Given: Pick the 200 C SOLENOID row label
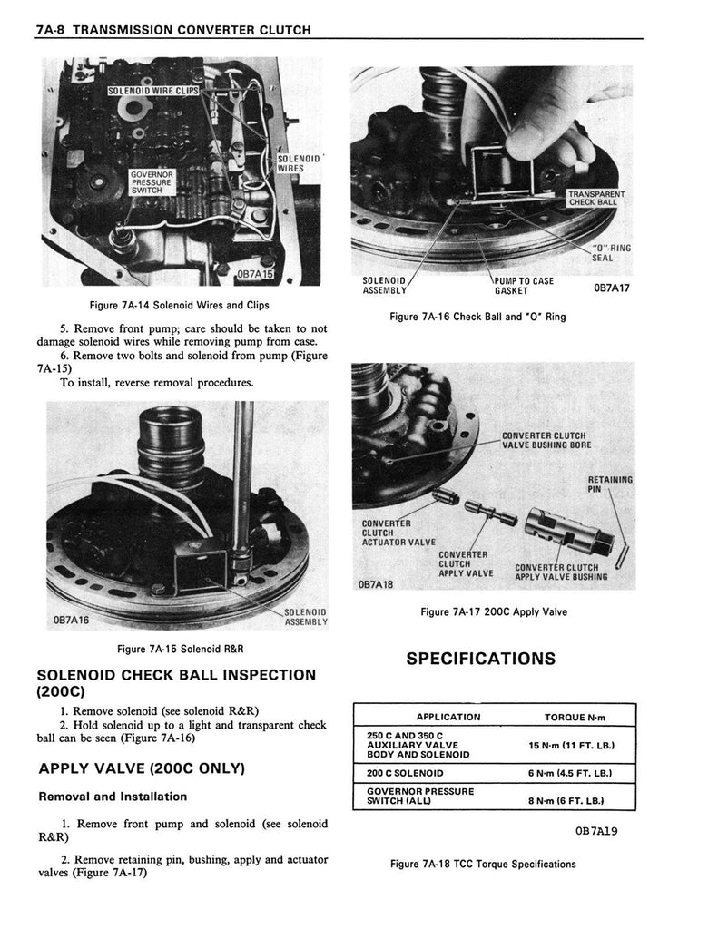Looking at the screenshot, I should pyautogui.click(x=405, y=773).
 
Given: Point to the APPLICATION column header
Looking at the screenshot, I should pyautogui.click(x=448, y=717).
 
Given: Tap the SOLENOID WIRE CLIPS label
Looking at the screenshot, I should pyautogui.click(x=152, y=91).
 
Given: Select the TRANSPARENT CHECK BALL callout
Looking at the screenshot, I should pyautogui.click(x=595, y=198).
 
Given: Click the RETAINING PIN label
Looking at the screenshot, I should pyautogui.click(x=610, y=484).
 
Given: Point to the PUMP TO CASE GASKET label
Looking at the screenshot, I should pyautogui.click(x=523, y=286).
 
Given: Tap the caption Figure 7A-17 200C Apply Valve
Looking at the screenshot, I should pyautogui.click(x=494, y=611).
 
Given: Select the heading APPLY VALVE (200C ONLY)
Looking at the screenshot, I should pyautogui.click(x=143, y=768).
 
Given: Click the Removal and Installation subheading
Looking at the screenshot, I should pyautogui.click(x=113, y=797).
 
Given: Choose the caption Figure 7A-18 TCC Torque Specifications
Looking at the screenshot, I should pyautogui.click(x=484, y=864).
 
